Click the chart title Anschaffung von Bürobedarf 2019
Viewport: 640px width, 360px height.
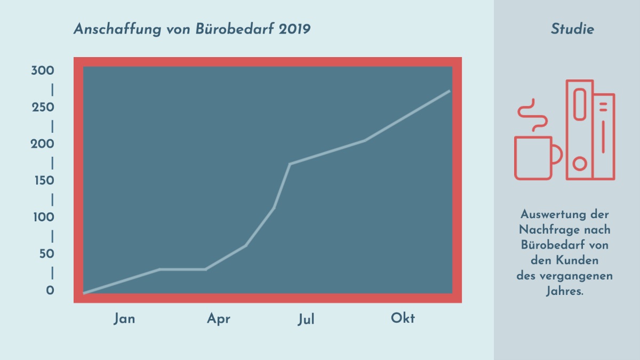192,29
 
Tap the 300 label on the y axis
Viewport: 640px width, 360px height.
43,71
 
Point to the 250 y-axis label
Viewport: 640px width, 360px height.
43,108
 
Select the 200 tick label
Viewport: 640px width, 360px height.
43,144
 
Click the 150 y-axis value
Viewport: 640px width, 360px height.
43,181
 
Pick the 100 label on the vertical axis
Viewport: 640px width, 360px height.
43,217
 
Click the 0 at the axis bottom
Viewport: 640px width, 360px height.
50,291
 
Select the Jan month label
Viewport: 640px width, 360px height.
124,319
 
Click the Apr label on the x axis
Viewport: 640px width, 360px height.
219,319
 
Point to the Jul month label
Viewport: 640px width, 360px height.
306,319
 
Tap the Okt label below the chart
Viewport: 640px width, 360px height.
403,318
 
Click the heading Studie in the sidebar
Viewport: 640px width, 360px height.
572,29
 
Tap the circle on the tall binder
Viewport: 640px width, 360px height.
579,164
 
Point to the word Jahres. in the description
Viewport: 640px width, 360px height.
565,292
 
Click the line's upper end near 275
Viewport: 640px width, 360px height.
449,91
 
